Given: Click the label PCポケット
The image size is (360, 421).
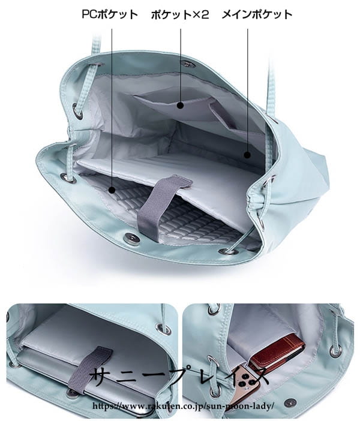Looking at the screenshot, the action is pos(110,14).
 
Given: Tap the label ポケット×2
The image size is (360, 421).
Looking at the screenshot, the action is pos(180,14).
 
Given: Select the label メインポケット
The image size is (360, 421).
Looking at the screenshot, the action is pos(257,14).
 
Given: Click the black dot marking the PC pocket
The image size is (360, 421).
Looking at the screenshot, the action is pos(112,190).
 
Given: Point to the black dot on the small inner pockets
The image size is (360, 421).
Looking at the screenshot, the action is pos(181,106).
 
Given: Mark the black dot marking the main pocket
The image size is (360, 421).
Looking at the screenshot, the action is pos(247,155).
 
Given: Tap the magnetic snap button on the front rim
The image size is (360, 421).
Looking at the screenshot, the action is pos(132,237).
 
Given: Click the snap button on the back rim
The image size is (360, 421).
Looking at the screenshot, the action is pos(186,64).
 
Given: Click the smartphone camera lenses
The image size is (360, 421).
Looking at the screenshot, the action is pos(245,381).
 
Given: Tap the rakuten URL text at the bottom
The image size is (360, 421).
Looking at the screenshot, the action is pos(184,405).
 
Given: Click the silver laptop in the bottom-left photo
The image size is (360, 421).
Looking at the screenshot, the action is pos(89,381).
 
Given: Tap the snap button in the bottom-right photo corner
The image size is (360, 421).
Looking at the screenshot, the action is pos(290,403).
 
